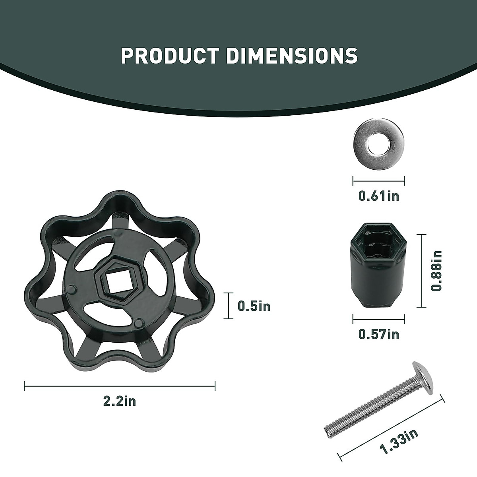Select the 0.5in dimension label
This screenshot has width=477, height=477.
[254, 306]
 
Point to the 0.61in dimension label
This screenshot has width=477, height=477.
[379, 196]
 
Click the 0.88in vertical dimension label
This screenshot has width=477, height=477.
[436, 271]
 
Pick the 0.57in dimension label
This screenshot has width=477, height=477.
[379, 334]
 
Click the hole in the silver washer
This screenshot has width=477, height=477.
[379, 144]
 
